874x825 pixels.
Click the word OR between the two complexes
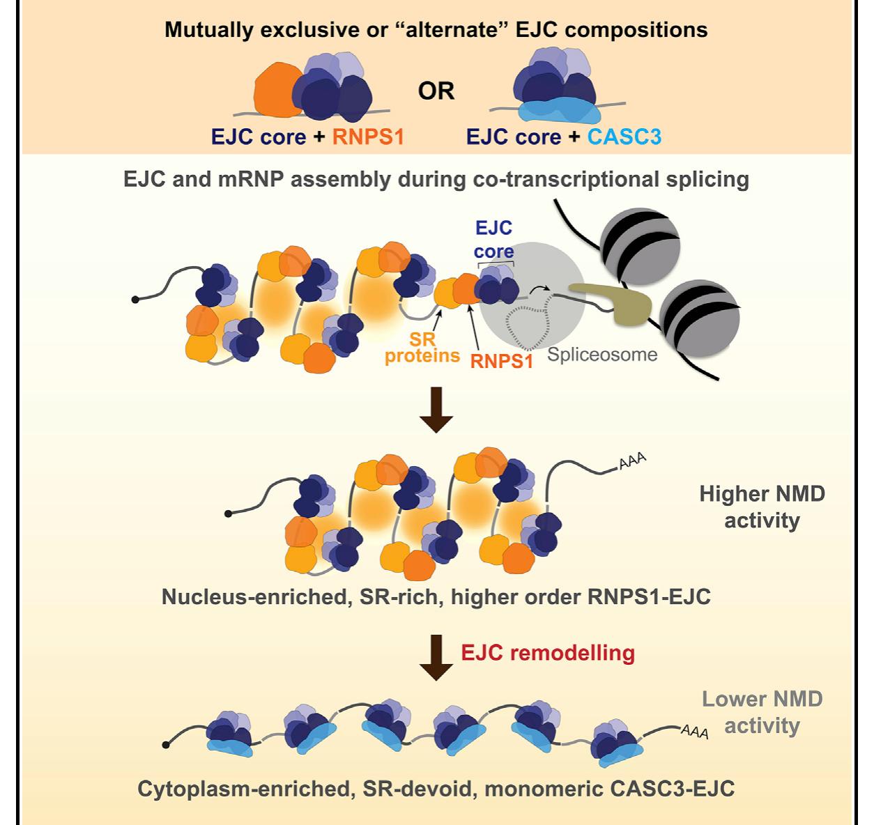[x=436, y=91]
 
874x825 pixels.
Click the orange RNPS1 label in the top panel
[x=368, y=137]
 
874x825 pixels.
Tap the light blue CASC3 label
[x=624, y=137]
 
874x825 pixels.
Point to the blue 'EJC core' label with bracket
[x=494, y=240]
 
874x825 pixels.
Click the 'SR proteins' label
[x=422, y=347]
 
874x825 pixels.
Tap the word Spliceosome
[x=602, y=355]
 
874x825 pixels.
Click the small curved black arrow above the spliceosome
[x=539, y=288]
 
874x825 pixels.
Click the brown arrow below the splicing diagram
[x=436, y=410]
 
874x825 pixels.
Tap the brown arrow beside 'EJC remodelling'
[x=436, y=657]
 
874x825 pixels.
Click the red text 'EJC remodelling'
[x=548, y=653]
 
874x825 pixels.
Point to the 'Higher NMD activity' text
[x=762, y=507]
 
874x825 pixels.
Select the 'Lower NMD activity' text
[x=762, y=712]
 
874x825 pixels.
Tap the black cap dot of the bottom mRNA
[x=166, y=745]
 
